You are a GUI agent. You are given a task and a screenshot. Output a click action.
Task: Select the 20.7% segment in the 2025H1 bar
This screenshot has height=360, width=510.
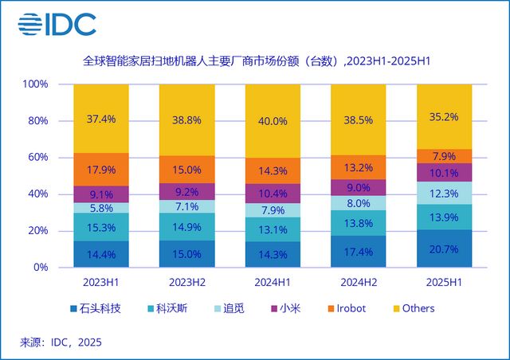point(444,248)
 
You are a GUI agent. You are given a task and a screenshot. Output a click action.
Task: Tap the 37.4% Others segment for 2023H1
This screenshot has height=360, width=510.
point(100,119)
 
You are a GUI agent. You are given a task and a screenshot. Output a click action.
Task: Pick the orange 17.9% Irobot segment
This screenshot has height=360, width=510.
point(100,170)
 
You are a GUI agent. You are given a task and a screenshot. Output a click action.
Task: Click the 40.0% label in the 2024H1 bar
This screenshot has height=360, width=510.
point(273,121)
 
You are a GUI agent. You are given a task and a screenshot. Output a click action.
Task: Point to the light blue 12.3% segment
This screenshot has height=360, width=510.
point(444,193)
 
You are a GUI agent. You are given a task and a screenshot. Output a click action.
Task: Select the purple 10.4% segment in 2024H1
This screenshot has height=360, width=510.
point(273,194)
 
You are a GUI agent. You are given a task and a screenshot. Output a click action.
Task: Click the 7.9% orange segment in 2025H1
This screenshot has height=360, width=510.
point(444,156)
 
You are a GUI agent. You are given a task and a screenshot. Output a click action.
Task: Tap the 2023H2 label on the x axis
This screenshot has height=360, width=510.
point(186,283)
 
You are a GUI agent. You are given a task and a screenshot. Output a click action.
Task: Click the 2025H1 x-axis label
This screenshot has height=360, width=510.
point(444,283)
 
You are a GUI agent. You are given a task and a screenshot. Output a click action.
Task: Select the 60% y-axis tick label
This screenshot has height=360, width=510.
point(38,158)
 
